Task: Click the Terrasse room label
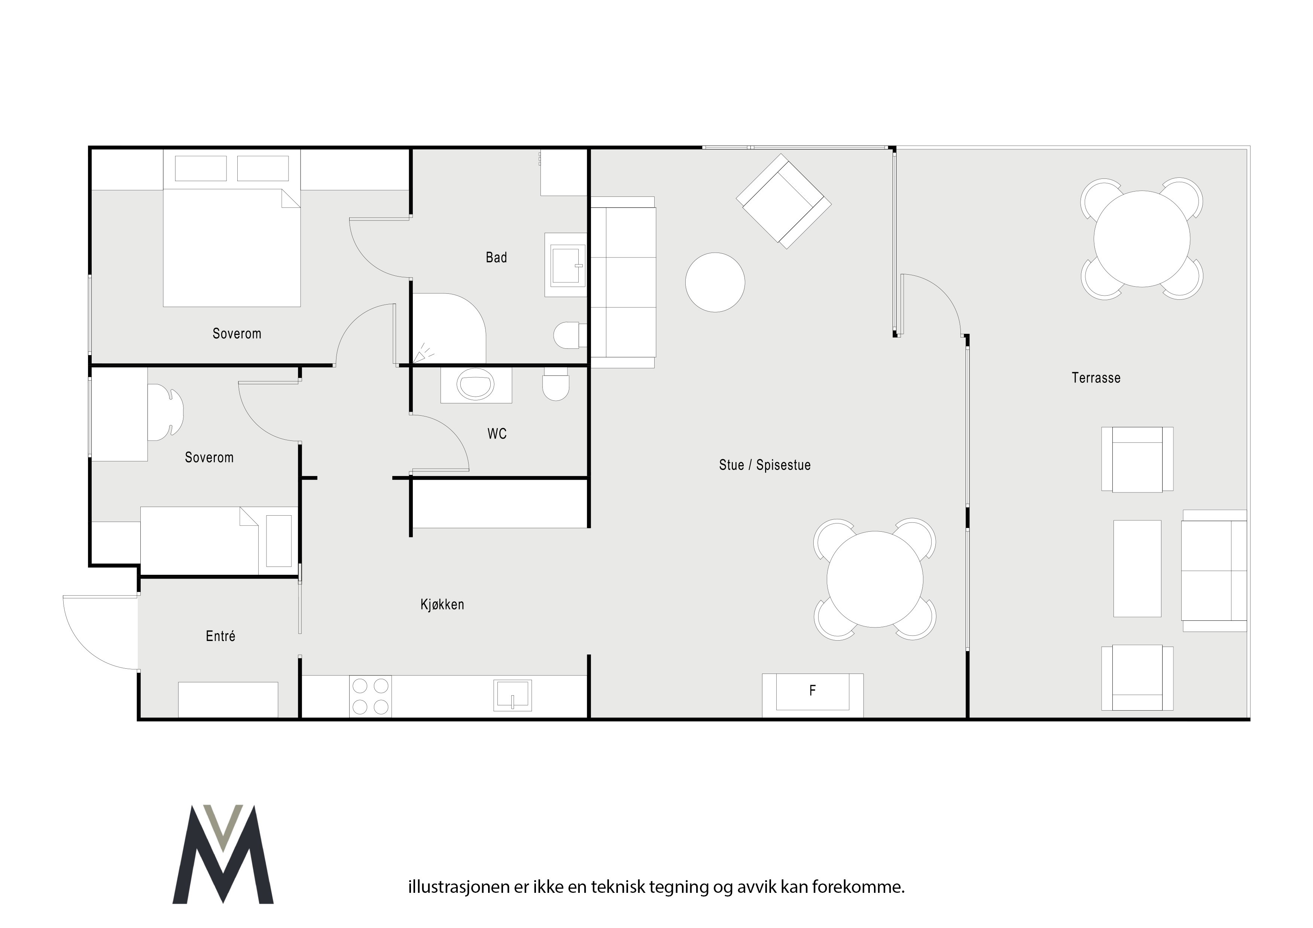[x=1096, y=378]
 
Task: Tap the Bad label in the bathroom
[x=496, y=258]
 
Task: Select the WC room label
[x=497, y=434]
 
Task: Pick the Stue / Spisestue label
[x=765, y=465]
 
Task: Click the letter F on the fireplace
[x=812, y=691]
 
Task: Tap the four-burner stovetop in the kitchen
[x=371, y=696]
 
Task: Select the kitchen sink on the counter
[x=512, y=695]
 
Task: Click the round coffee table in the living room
[x=715, y=283]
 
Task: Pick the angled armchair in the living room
[x=783, y=201]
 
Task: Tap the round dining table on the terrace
[x=1142, y=239]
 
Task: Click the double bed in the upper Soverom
[x=232, y=228]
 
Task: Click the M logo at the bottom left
[x=223, y=854]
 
